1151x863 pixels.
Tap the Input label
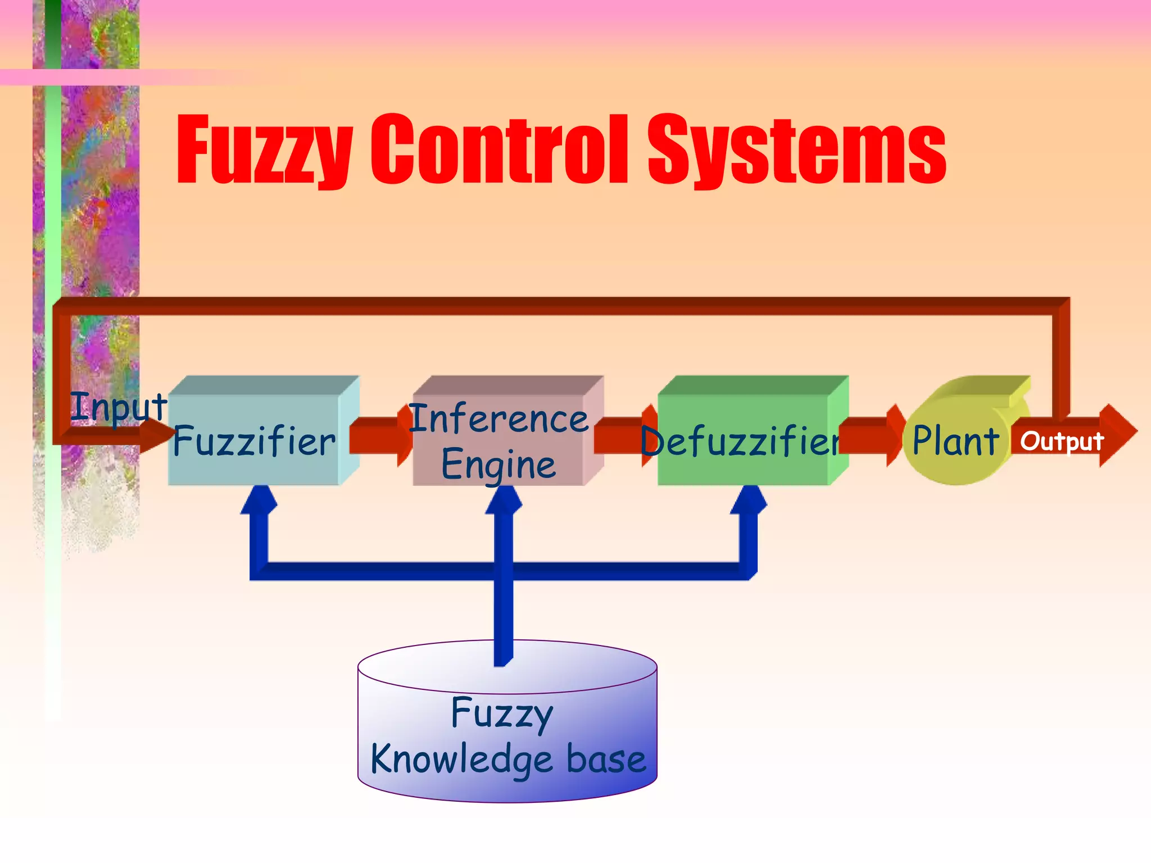[x=118, y=407]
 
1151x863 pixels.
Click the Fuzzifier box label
[x=254, y=442]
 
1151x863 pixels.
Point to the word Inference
[x=499, y=419]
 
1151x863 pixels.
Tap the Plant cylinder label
[x=955, y=441]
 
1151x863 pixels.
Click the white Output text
[x=1061, y=442]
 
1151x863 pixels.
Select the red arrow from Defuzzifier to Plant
[x=868, y=436]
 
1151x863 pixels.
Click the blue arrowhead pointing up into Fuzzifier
[x=259, y=500]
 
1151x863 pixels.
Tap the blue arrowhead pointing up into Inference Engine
[x=504, y=500]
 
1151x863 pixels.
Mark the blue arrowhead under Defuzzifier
[x=749, y=500]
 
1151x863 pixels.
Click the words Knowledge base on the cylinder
[x=508, y=760]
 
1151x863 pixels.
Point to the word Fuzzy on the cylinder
[x=502, y=714]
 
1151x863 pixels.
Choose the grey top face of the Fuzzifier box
[x=264, y=385]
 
